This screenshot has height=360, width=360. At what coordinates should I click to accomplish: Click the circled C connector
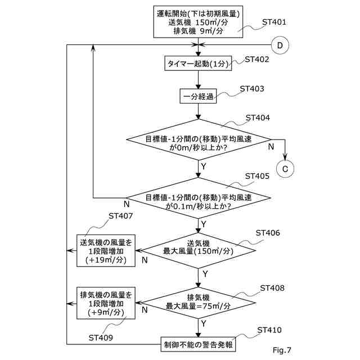click(285, 167)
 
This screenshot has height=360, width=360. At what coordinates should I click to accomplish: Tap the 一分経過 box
click(198, 97)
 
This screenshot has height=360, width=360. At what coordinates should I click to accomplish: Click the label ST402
click(257, 59)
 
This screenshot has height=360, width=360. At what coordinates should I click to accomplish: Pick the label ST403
click(251, 89)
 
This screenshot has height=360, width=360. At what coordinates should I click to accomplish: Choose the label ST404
click(258, 118)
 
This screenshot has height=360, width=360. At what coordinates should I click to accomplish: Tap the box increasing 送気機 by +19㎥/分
click(106, 250)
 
